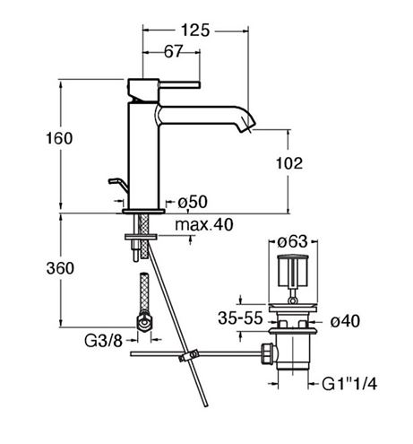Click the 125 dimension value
click(195, 30)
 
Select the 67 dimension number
click(173, 51)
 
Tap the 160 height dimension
click(59, 138)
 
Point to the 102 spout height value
click(288, 163)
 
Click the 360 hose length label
click(60, 268)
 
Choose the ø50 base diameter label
click(193, 202)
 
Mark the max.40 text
click(203, 224)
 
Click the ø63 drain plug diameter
click(292, 241)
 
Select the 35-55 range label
click(240, 318)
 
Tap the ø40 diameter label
click(345, 321)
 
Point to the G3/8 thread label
click(103, 340)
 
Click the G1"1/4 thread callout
click(349, 384)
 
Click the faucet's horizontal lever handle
click(179, 84)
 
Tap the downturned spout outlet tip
click(248, 126)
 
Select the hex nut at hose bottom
click(145, 323)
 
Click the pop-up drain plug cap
click(293, 270)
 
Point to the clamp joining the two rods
click(188, 355)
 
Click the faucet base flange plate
click(143, 212)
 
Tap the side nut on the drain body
click(269, 353)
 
